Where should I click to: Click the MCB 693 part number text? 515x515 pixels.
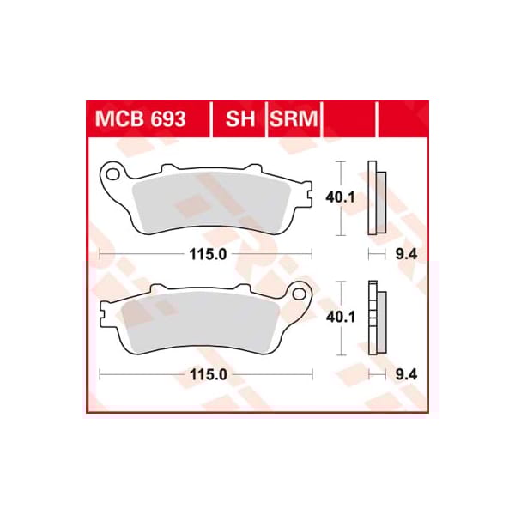click(138, 119)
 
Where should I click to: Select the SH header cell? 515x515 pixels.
click(241, 119)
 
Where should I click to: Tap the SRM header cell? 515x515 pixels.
click(294, 119)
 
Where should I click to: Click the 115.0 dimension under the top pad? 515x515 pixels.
click(209, 255)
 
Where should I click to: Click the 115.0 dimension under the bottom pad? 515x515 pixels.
click(209, 375)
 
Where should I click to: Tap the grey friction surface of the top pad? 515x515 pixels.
click(215, 202)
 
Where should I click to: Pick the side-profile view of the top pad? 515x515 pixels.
click(375, 198)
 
